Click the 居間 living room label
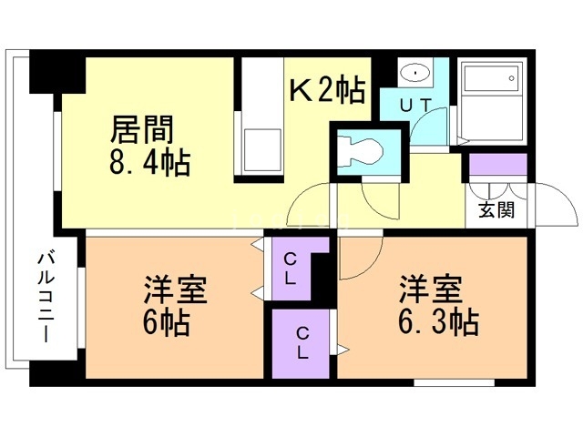142,129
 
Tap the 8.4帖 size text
149,162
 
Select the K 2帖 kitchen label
327,90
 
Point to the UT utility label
415,106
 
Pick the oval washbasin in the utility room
415,72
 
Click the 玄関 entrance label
496,210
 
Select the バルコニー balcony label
46,296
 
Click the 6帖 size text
166,321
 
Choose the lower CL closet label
302,342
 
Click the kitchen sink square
261,150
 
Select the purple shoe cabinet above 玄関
498,165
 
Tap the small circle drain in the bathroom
512,78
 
